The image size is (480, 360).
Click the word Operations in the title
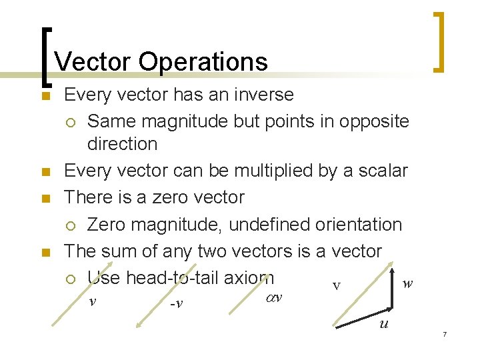coord(203,62)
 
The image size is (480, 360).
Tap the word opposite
coord(374,121)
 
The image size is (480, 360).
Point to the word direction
coord(122,144)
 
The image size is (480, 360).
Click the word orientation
coord(361,225)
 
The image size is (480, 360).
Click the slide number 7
coord(444,333)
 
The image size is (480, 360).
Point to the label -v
coord(177,304)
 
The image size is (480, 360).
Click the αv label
coord(274,297)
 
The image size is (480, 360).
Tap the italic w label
coord(407,283)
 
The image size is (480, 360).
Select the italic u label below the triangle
coord(383,325)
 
